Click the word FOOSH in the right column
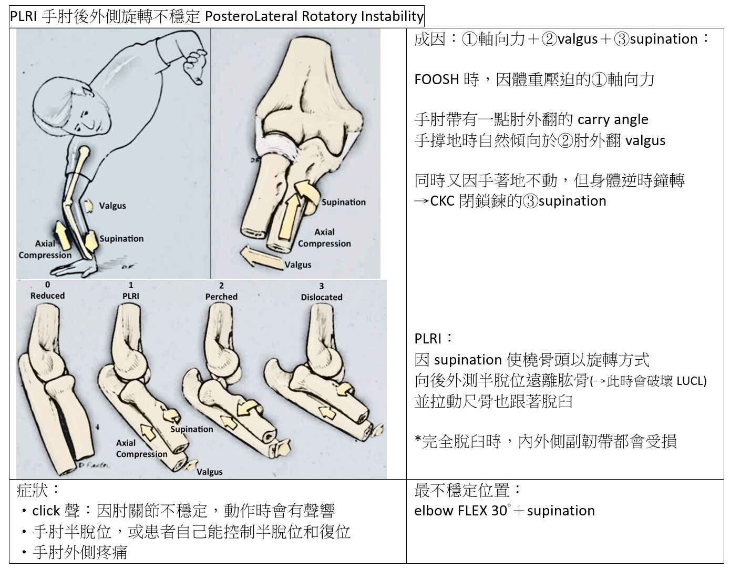click(x=436, y=79)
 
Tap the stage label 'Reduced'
click(x=47, y=296)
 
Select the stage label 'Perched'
click(x=221, y=297)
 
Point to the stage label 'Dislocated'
click(x=322, y=297)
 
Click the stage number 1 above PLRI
click(x=131, y=285)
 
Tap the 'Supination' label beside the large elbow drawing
click(x=343, y=202)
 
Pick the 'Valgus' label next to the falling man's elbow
click(x=112, y=206)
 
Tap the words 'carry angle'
click(x=613, y=120)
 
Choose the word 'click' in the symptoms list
click(x=46, y=511)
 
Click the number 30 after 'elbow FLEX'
click(x=499, y=511)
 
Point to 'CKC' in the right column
click(x=442, y=201)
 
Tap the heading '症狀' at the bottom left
click(x=32, y=491)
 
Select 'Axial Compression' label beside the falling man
click(x=45, y=249)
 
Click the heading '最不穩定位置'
click(x=462, y=490)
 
